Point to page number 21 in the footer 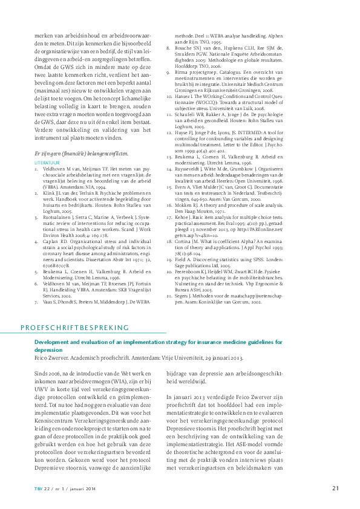335,488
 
